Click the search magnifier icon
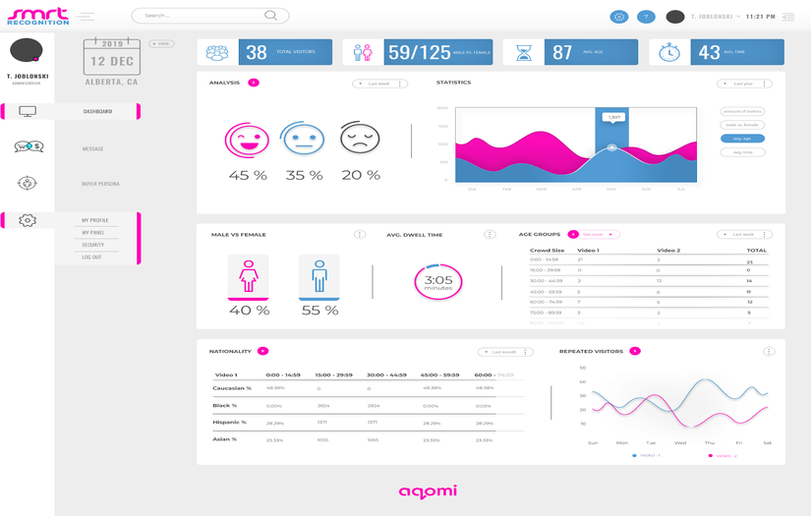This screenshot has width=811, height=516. click(270, 16)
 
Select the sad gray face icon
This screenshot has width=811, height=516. click(359, 139)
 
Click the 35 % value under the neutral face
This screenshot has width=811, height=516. click(304, 175)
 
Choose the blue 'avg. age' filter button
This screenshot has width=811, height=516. click(742, 139)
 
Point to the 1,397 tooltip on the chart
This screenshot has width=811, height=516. click(613, 118)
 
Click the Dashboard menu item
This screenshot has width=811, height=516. click(97, 112)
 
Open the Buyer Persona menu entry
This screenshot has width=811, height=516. click(100, 184)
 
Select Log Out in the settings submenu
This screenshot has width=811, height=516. click(90, 257)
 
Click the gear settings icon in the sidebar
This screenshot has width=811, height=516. click(28, 220)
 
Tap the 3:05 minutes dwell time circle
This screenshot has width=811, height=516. click(437, 282)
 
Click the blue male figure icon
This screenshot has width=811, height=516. click(319, 275)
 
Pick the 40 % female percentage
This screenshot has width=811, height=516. click(249, 310)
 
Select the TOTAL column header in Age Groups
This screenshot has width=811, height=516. click(756, 251)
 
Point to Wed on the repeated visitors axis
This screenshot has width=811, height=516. click(679, 442)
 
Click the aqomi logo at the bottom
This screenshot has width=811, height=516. click(428, 490)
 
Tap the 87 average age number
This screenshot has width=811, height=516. click(562, 53)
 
